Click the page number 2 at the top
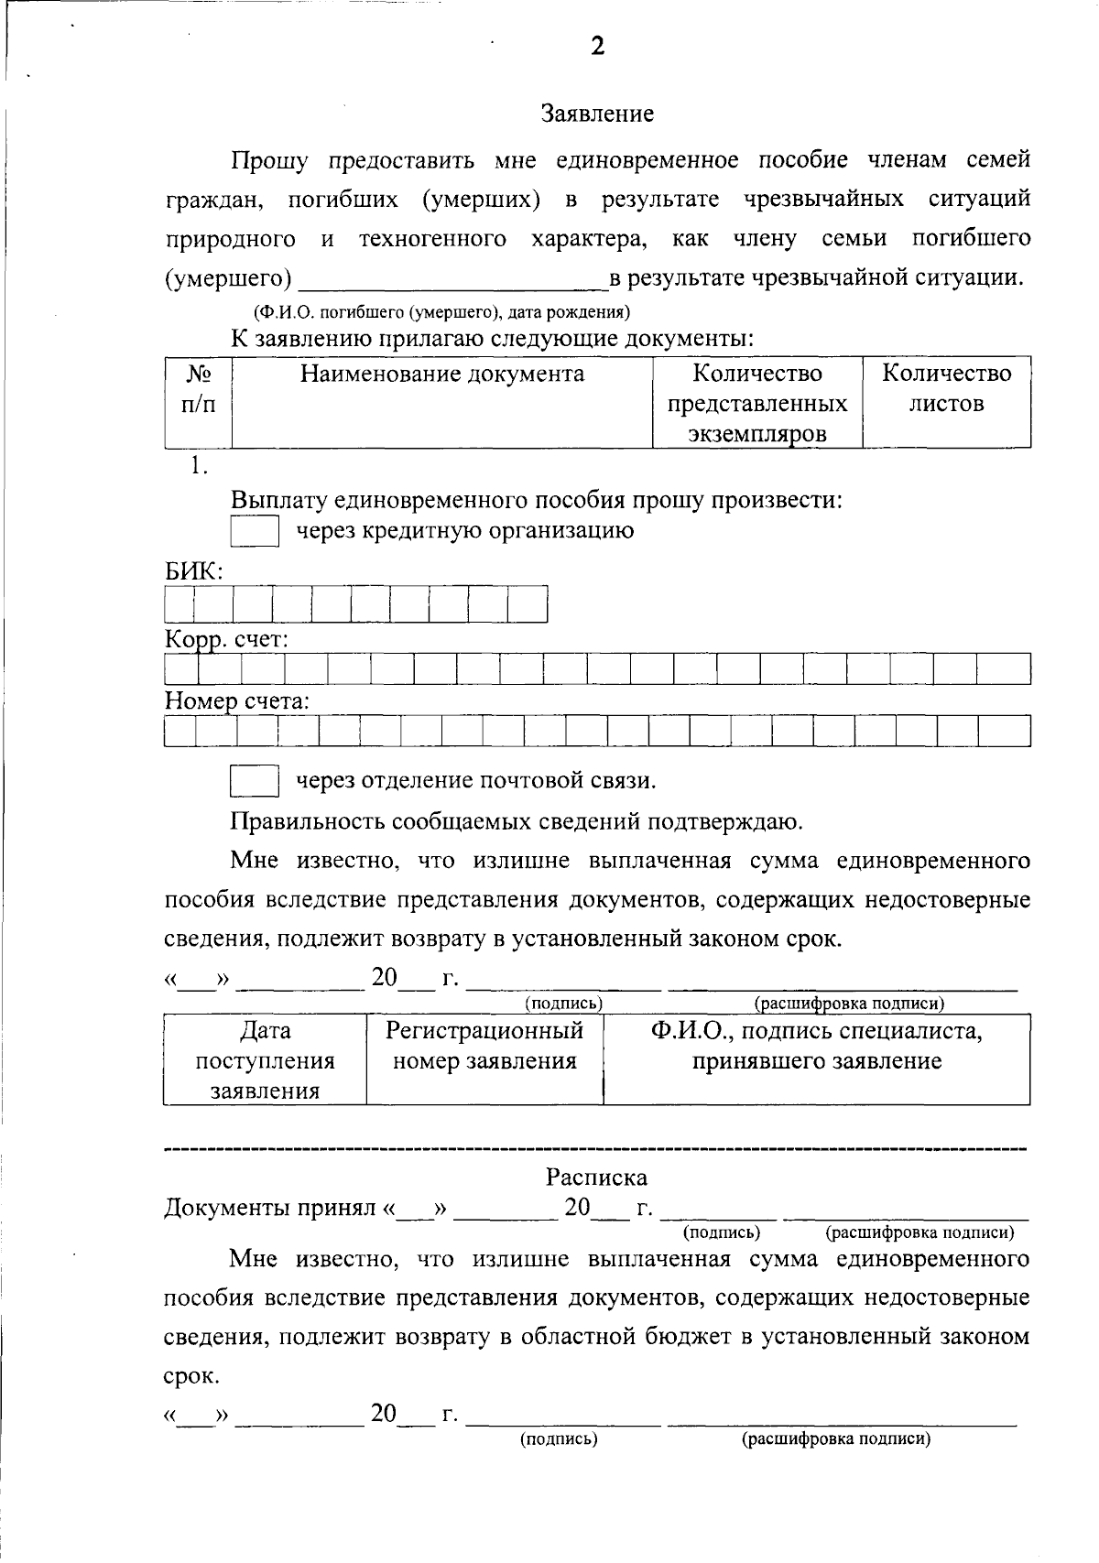[x=597, y=48]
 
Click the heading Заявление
[x=597, y=114]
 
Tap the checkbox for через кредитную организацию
[x=254, y=532]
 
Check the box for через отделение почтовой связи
[x=254, y=781]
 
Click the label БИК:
[x=194, y=571]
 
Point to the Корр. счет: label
[x=226, y=640]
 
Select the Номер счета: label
[x=236, y=702]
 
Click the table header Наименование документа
[x=442, y=374]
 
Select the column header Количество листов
[x=946, y=388]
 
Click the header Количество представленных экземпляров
[x=757, y=403]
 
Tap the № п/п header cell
[x=199, y=388]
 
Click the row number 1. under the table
[x=199, y=466]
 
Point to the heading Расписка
[x=596, y=1177]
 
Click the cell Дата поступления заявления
[x=265, y=1060]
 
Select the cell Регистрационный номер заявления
[x=484, y=1046]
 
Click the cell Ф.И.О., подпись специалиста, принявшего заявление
[x=816, y=1046]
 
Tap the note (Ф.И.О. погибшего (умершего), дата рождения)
[x=441, y=312]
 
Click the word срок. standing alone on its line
[x=191, y=1376]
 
